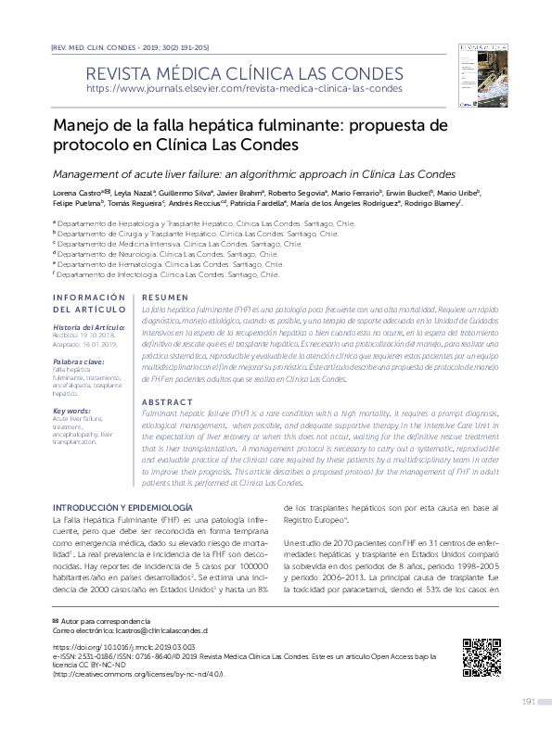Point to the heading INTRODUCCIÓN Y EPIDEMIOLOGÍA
tap(122, 508)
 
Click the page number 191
tap(530, 701)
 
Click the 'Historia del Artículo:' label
tap(88, 328)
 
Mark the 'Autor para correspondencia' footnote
tap(102, 618)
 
